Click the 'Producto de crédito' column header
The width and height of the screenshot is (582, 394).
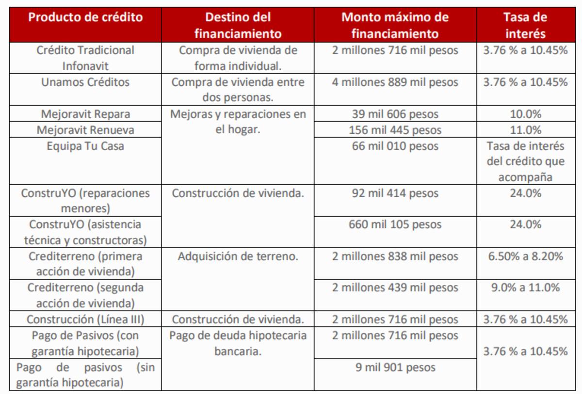point(85,18)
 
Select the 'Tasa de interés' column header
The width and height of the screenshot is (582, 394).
point(525,25)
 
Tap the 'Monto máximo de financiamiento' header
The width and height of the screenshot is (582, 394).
point(395,25)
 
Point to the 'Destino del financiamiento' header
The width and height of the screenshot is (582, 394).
point(238,25)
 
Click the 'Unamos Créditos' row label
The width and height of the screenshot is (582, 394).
point(85,82)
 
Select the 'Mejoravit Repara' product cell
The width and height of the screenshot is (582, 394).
point(85,114)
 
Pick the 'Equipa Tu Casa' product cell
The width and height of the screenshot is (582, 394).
point(85,146)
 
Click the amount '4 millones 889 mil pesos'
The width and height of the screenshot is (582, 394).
point(395,82)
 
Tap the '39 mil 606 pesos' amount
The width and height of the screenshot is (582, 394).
point(395,114)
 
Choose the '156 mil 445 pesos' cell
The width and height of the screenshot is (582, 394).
point(395,130)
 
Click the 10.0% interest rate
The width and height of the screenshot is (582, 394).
point(525,114)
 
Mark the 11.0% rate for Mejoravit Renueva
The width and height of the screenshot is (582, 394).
point(525,130)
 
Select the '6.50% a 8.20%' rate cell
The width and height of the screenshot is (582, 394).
point(525,256)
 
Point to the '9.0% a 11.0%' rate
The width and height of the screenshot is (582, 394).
point(525,288)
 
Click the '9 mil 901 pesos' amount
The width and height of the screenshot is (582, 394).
point(395,367)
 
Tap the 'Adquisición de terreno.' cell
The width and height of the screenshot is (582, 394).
point(238,256)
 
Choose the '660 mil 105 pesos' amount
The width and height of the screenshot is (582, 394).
point(395,225)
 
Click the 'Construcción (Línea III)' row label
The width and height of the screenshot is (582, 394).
point(85,319)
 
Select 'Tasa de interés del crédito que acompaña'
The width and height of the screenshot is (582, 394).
point(525,162)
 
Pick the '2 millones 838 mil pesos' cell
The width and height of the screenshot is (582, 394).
point(395,256)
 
